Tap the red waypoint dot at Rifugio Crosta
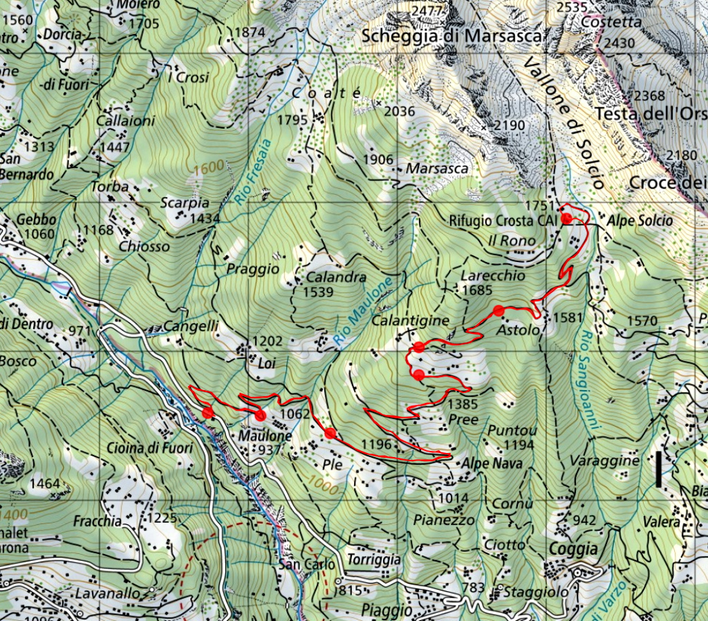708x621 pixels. click(x=566, y=219)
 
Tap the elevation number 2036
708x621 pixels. click(x=399, y=111)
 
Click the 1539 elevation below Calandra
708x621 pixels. click(x=318, y=292)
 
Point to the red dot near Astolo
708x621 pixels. click(x=498, y=310)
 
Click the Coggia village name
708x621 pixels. click(x=573, y=548)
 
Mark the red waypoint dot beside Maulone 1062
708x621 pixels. click(x=260, y=415)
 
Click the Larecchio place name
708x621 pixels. click(x=492, y=275)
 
